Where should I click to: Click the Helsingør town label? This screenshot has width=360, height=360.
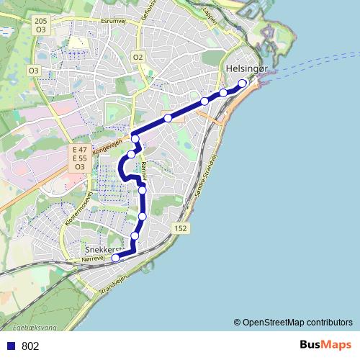[x=246, y=69]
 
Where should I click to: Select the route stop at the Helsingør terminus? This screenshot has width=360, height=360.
[x=243, y=84]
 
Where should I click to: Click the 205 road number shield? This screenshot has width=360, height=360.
[x=41, y=22]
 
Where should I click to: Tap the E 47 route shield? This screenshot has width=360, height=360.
[x=79, y=149]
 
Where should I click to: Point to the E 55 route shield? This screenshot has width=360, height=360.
[x=79, y=158]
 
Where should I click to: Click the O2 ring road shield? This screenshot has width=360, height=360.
[x=139, y=57]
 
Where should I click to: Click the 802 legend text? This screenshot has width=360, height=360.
[x=30, y=346]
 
